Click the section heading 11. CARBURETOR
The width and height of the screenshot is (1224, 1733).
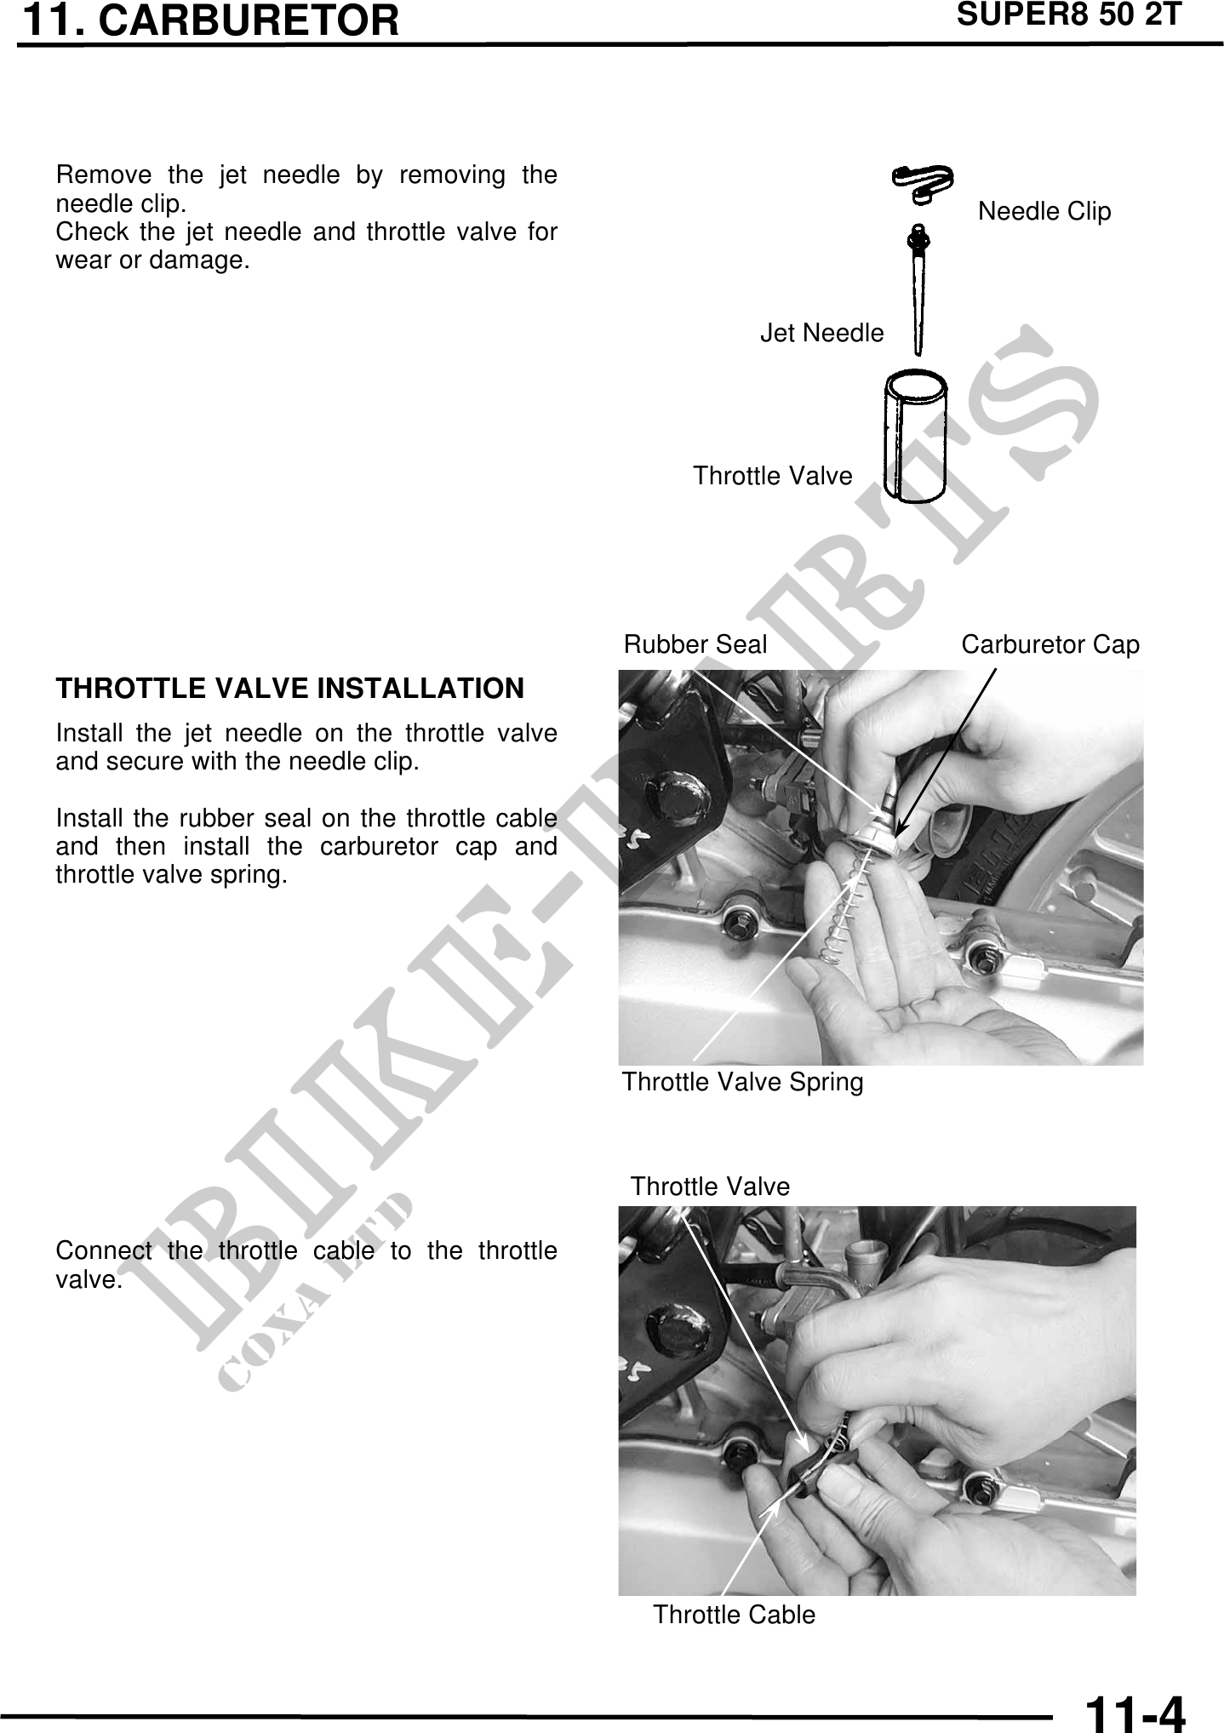(x=210, y=20)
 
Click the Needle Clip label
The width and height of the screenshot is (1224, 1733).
(x=1044, y=211)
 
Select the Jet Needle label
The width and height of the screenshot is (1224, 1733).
(x=822, y=333)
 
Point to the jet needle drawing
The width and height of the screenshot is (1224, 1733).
(x=918, y=289)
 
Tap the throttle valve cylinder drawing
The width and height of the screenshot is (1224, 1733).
(x=915, y=435)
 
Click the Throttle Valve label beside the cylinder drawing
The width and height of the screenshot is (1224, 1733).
(x=772, y=476)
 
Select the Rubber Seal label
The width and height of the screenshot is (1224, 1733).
(x=695, y=644)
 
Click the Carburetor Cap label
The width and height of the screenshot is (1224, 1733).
(x=1050, y=645)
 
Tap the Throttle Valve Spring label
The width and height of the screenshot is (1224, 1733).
(x=742, y=1083)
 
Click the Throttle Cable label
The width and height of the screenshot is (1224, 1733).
(x=734, y=1615)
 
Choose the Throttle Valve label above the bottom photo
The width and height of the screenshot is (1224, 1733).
(x=710, y=1187)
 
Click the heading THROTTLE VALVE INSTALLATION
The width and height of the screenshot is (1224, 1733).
(x=289, y=689)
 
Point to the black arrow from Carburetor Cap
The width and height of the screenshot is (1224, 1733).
(x=946, y=749)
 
